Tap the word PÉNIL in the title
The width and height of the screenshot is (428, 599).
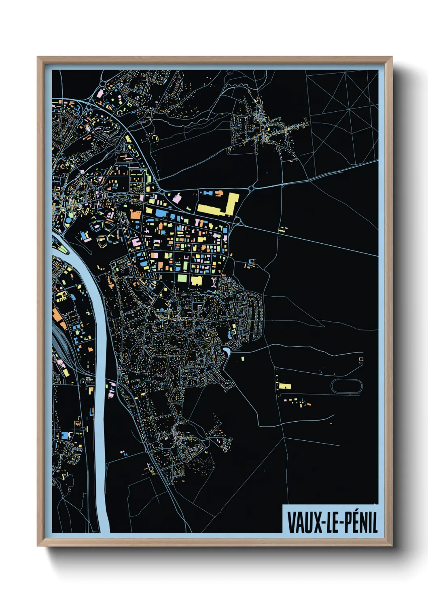(x=361, y=522)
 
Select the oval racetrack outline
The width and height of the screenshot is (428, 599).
(x=347, y=386)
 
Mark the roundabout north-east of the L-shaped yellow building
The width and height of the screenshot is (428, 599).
(x=251, y=188)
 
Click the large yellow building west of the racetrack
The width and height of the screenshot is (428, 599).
(x=285, y=386)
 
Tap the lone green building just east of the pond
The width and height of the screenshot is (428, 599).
(x=243, y=359)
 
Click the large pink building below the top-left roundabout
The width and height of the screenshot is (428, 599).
(x=100, y=93)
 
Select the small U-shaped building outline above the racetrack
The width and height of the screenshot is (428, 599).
(x=360, y=359)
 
